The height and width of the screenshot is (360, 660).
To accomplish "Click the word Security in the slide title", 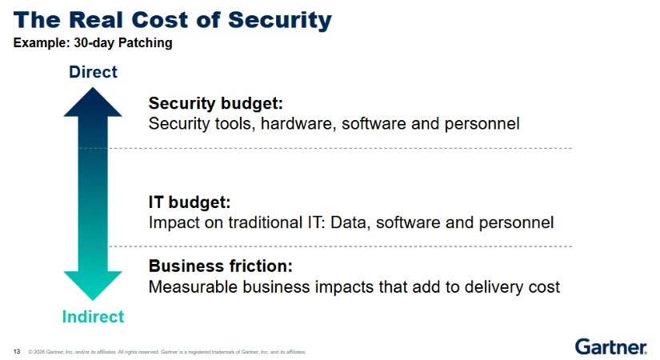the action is tap(279, 21).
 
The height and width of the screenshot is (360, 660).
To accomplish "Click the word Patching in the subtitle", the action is tap(146, 43).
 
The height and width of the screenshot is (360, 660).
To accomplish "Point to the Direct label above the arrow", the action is tap(93, 72).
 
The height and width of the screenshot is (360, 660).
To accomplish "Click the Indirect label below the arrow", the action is tap(93, 317).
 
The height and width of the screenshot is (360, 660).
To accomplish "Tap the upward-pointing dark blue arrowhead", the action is tap(93, 102).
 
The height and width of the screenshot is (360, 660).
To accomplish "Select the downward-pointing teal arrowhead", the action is tap(93, 286).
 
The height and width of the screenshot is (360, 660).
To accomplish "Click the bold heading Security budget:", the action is tap(215, 103).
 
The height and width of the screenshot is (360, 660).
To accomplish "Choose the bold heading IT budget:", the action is tap(190, 202).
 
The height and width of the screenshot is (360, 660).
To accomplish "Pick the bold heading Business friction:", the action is tap(221, 266).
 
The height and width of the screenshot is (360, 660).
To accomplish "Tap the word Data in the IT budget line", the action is tap(350, 222).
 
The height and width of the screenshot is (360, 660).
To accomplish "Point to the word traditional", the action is tap(265, 222).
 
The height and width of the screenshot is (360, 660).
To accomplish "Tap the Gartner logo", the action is tap(610, 347).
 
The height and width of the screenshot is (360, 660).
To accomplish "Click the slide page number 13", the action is tap(17, 351).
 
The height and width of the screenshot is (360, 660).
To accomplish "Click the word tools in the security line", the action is tap(235, 124).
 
